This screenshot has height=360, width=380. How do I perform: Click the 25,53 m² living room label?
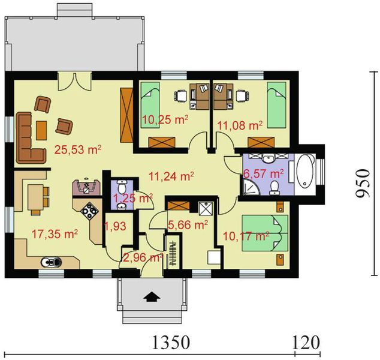77,149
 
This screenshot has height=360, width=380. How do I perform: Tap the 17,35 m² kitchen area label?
55,234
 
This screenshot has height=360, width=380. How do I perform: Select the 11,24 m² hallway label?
171,176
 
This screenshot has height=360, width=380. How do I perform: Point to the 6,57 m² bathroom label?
264,173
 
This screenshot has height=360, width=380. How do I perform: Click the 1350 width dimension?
171,343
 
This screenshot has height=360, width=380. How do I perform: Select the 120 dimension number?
306,343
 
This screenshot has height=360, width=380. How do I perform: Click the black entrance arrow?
152,296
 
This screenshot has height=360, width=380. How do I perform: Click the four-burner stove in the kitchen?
90,211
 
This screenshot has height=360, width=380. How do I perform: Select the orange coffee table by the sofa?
41,131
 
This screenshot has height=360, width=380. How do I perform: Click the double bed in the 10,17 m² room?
265,233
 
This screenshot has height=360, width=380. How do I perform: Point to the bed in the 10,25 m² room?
150,105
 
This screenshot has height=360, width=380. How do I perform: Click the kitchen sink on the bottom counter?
51,262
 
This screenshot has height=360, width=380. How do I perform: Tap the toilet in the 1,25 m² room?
120,187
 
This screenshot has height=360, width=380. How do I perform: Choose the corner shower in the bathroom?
250,187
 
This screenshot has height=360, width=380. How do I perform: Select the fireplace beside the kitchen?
86,187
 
